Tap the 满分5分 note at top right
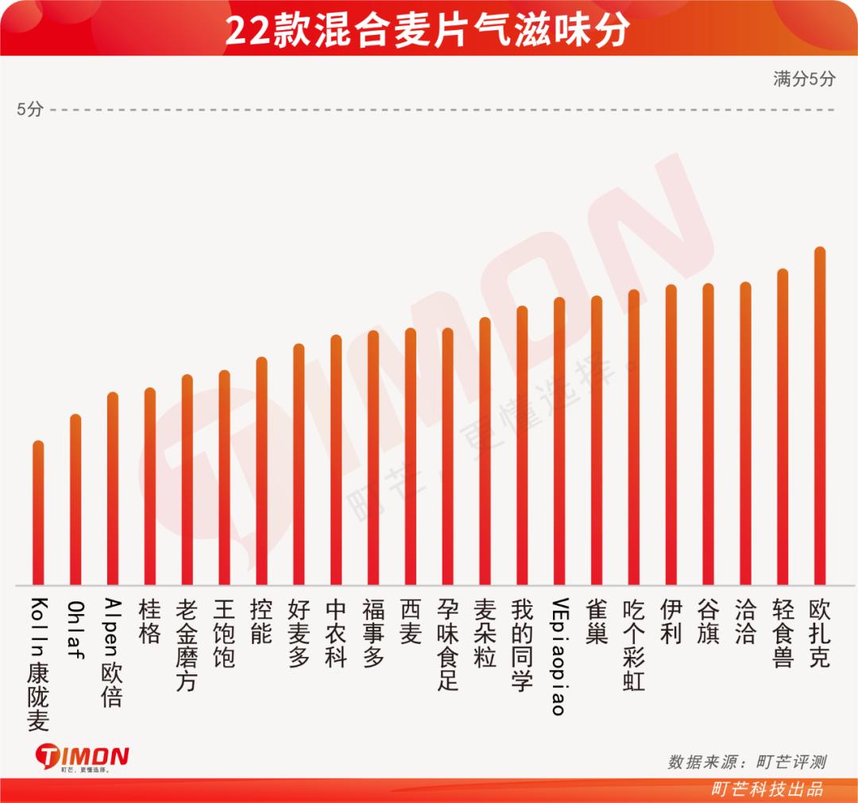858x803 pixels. [x=804, y=79]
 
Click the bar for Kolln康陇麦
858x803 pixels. [x=38, y=513]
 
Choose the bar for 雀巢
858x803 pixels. [x=597, y=441]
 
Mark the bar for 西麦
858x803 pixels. [x=411, y=457]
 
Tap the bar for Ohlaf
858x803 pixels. [x=75, y=500]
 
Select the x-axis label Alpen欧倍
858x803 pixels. [x=112, y=652]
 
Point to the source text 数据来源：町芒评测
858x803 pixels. [x=746, y=762]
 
